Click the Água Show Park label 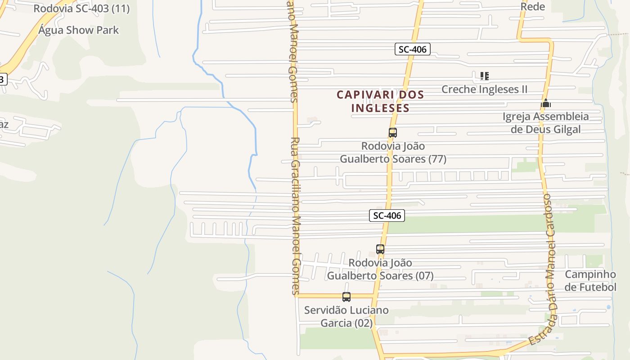pos(78,30)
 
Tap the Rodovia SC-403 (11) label pos(81,9)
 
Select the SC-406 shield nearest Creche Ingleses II pos(413,49)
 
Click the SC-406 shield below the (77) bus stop pos(387,216)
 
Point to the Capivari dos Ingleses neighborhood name pos(380,101)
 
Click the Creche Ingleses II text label pos(484,89)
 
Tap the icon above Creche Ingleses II pos(484,76)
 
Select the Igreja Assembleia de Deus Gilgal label pos(545,123)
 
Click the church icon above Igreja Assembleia pos(546,103)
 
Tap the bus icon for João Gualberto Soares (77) pos(393,133)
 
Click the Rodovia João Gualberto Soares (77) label pos(393,153)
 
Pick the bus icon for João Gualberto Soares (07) pos(380,249)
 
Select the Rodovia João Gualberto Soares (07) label pos(380,269)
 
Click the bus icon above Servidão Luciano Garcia pos(346,297)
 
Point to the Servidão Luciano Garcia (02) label pos(346,317)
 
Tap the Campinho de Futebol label pos(590,281)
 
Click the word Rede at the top pos(533,7)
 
